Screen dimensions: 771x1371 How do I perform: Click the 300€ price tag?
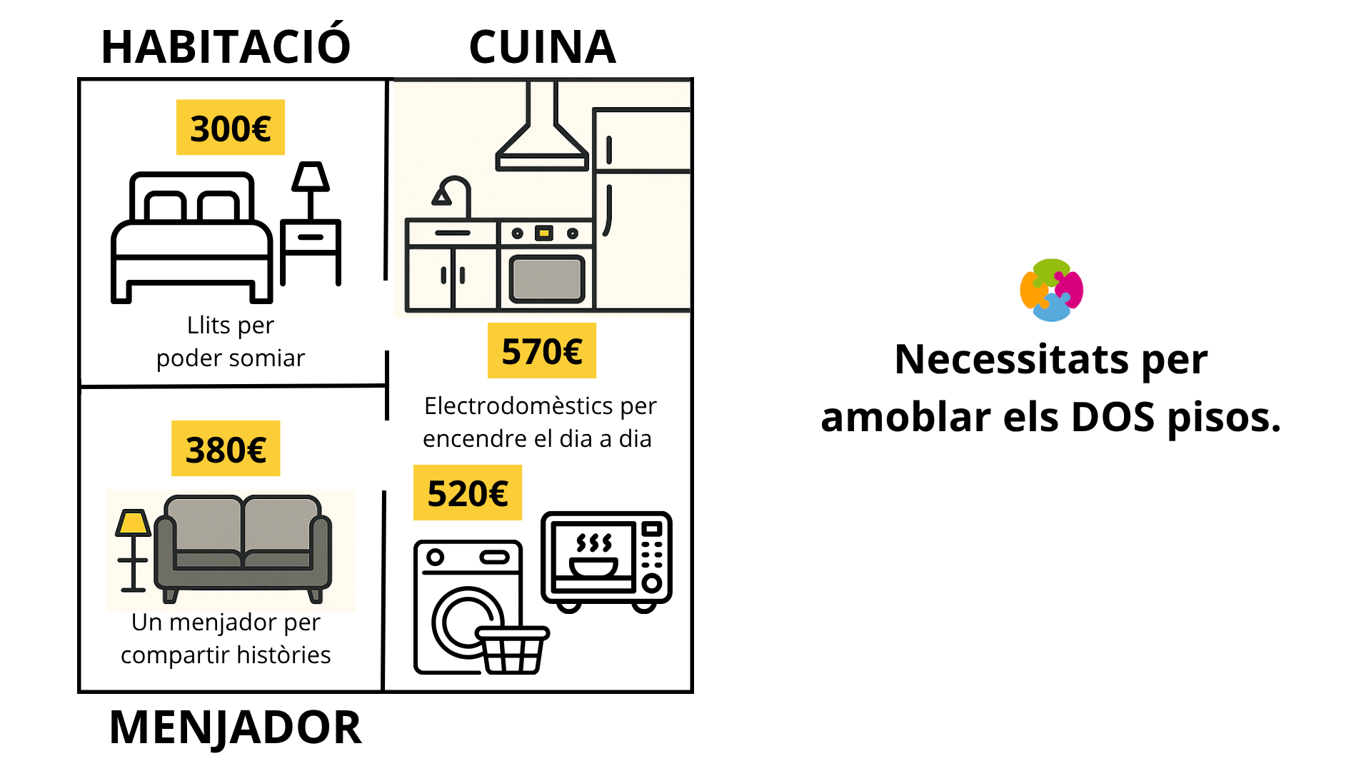230,128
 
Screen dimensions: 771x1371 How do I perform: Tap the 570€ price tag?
541,351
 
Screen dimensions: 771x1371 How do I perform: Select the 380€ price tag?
226,449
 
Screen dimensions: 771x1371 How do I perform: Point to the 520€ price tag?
467,493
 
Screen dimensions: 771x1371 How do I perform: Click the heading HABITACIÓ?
226,47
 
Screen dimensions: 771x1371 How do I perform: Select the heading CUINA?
542,47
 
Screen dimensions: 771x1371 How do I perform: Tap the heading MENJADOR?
235,727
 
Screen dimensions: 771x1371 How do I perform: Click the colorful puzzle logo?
1051,290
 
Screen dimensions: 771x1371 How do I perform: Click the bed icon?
191,239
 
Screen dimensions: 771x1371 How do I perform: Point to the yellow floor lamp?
133,550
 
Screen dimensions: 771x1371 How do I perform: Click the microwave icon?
606,560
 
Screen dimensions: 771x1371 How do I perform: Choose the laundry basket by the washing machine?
512,649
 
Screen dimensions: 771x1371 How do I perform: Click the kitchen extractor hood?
542,136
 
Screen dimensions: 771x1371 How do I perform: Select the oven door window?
546,279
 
